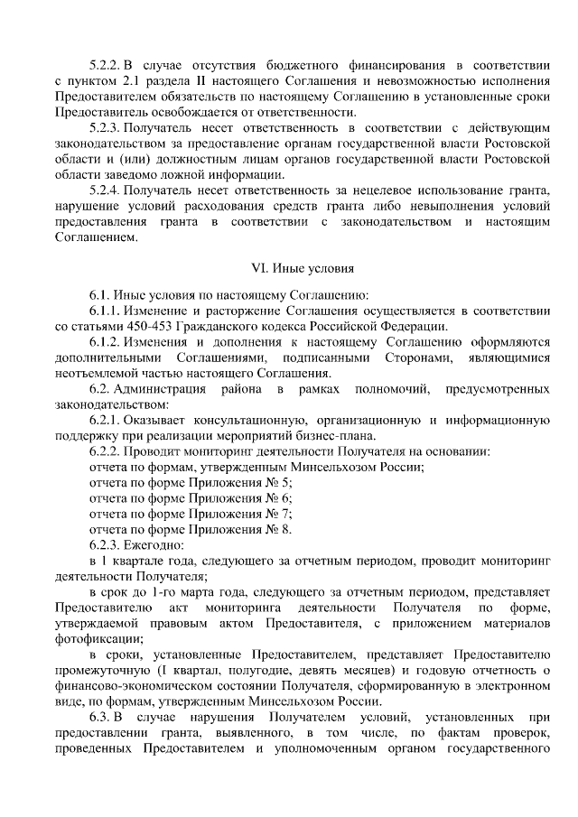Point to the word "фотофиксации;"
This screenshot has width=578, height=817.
coord(100,637)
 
